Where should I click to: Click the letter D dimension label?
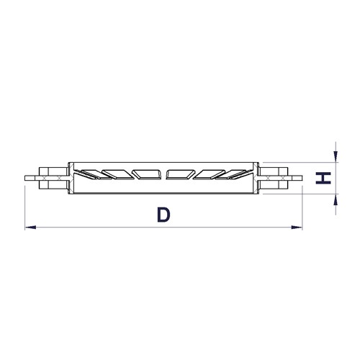pyautogui.click(x=163, y=215)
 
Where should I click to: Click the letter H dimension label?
pyautogui.click(x=323, y=178)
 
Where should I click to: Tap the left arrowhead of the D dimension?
pyautogui.click(x=30, y=227)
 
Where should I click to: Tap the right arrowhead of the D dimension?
pyautogui.click(x=297, y=227)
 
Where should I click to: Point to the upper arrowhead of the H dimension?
pyautogui.click(x=336, y=156)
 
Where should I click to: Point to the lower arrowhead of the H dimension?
pyautogui.click(x=336, y=199)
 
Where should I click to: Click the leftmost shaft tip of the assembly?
pyautogui.click(x=25, y=178)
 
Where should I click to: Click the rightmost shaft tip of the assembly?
pyautogui.click(x=302, y=178)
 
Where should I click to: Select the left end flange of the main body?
pyautogui.click(x=71, y=178)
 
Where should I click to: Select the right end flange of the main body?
pyautogui.click(x=256, y=178)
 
